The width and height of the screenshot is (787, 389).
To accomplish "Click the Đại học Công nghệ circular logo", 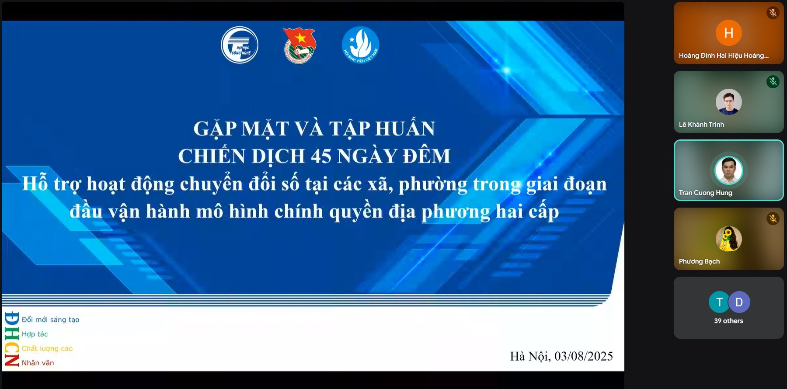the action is point(240,45).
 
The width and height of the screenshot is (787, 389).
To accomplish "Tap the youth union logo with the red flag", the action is point(300,45).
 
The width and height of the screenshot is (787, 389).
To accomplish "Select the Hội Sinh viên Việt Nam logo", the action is point(360,45).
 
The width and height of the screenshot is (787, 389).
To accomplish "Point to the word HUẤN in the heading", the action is point(405,129).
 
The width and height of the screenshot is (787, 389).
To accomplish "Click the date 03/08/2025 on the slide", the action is point(584,356).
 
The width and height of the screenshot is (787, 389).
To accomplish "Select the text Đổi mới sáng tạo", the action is point(51,320).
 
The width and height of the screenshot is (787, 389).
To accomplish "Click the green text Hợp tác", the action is point(35,334).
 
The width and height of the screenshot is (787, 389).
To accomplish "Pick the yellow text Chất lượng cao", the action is point(47,348).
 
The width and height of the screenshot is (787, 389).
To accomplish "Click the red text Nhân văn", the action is point(38,363).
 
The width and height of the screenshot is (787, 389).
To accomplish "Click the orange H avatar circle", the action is point(729,33).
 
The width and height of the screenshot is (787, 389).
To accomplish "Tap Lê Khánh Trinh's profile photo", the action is point(729,102).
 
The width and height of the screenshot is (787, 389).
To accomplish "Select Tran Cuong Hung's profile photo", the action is point(729,170).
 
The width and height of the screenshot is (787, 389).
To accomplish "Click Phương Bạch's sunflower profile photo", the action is point(729,239).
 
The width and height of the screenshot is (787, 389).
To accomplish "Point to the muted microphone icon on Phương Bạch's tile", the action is point(773,219).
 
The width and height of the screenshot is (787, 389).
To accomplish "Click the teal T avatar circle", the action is point(720,302).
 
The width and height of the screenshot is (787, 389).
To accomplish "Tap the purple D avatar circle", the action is point(739,302).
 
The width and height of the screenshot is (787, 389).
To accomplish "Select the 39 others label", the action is point(729,321).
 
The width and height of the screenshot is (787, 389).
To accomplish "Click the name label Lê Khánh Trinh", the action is point(701,125).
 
